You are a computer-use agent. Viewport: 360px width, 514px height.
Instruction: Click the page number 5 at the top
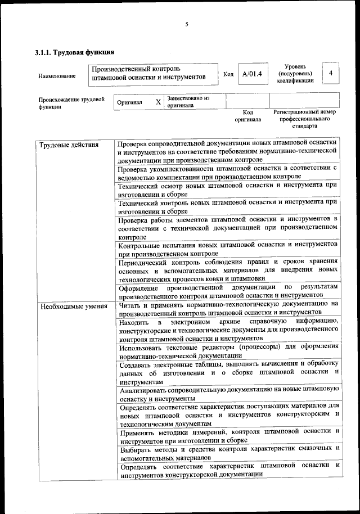[x=186, y=24]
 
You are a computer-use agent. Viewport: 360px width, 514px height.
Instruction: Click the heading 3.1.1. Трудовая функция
[x=75, y=52]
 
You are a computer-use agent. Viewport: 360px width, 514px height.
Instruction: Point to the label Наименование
[x=57, y=75]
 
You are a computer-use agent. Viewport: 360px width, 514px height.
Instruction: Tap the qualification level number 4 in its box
[x=331, y=74]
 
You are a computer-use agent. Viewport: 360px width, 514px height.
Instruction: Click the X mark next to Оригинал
[x=158, y=102]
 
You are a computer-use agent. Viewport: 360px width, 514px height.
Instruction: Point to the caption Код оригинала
[x=247, y=116]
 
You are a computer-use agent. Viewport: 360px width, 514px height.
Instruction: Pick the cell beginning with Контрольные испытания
[x=228, y=249]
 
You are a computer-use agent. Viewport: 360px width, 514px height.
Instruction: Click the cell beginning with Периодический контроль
[x=228, y=270]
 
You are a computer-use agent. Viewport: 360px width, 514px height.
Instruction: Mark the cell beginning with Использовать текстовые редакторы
[x=228, y=351]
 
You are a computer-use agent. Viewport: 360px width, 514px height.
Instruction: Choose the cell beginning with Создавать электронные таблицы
[x=228, y=372]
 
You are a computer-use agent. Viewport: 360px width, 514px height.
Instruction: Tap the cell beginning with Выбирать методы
[x=228, y=452]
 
